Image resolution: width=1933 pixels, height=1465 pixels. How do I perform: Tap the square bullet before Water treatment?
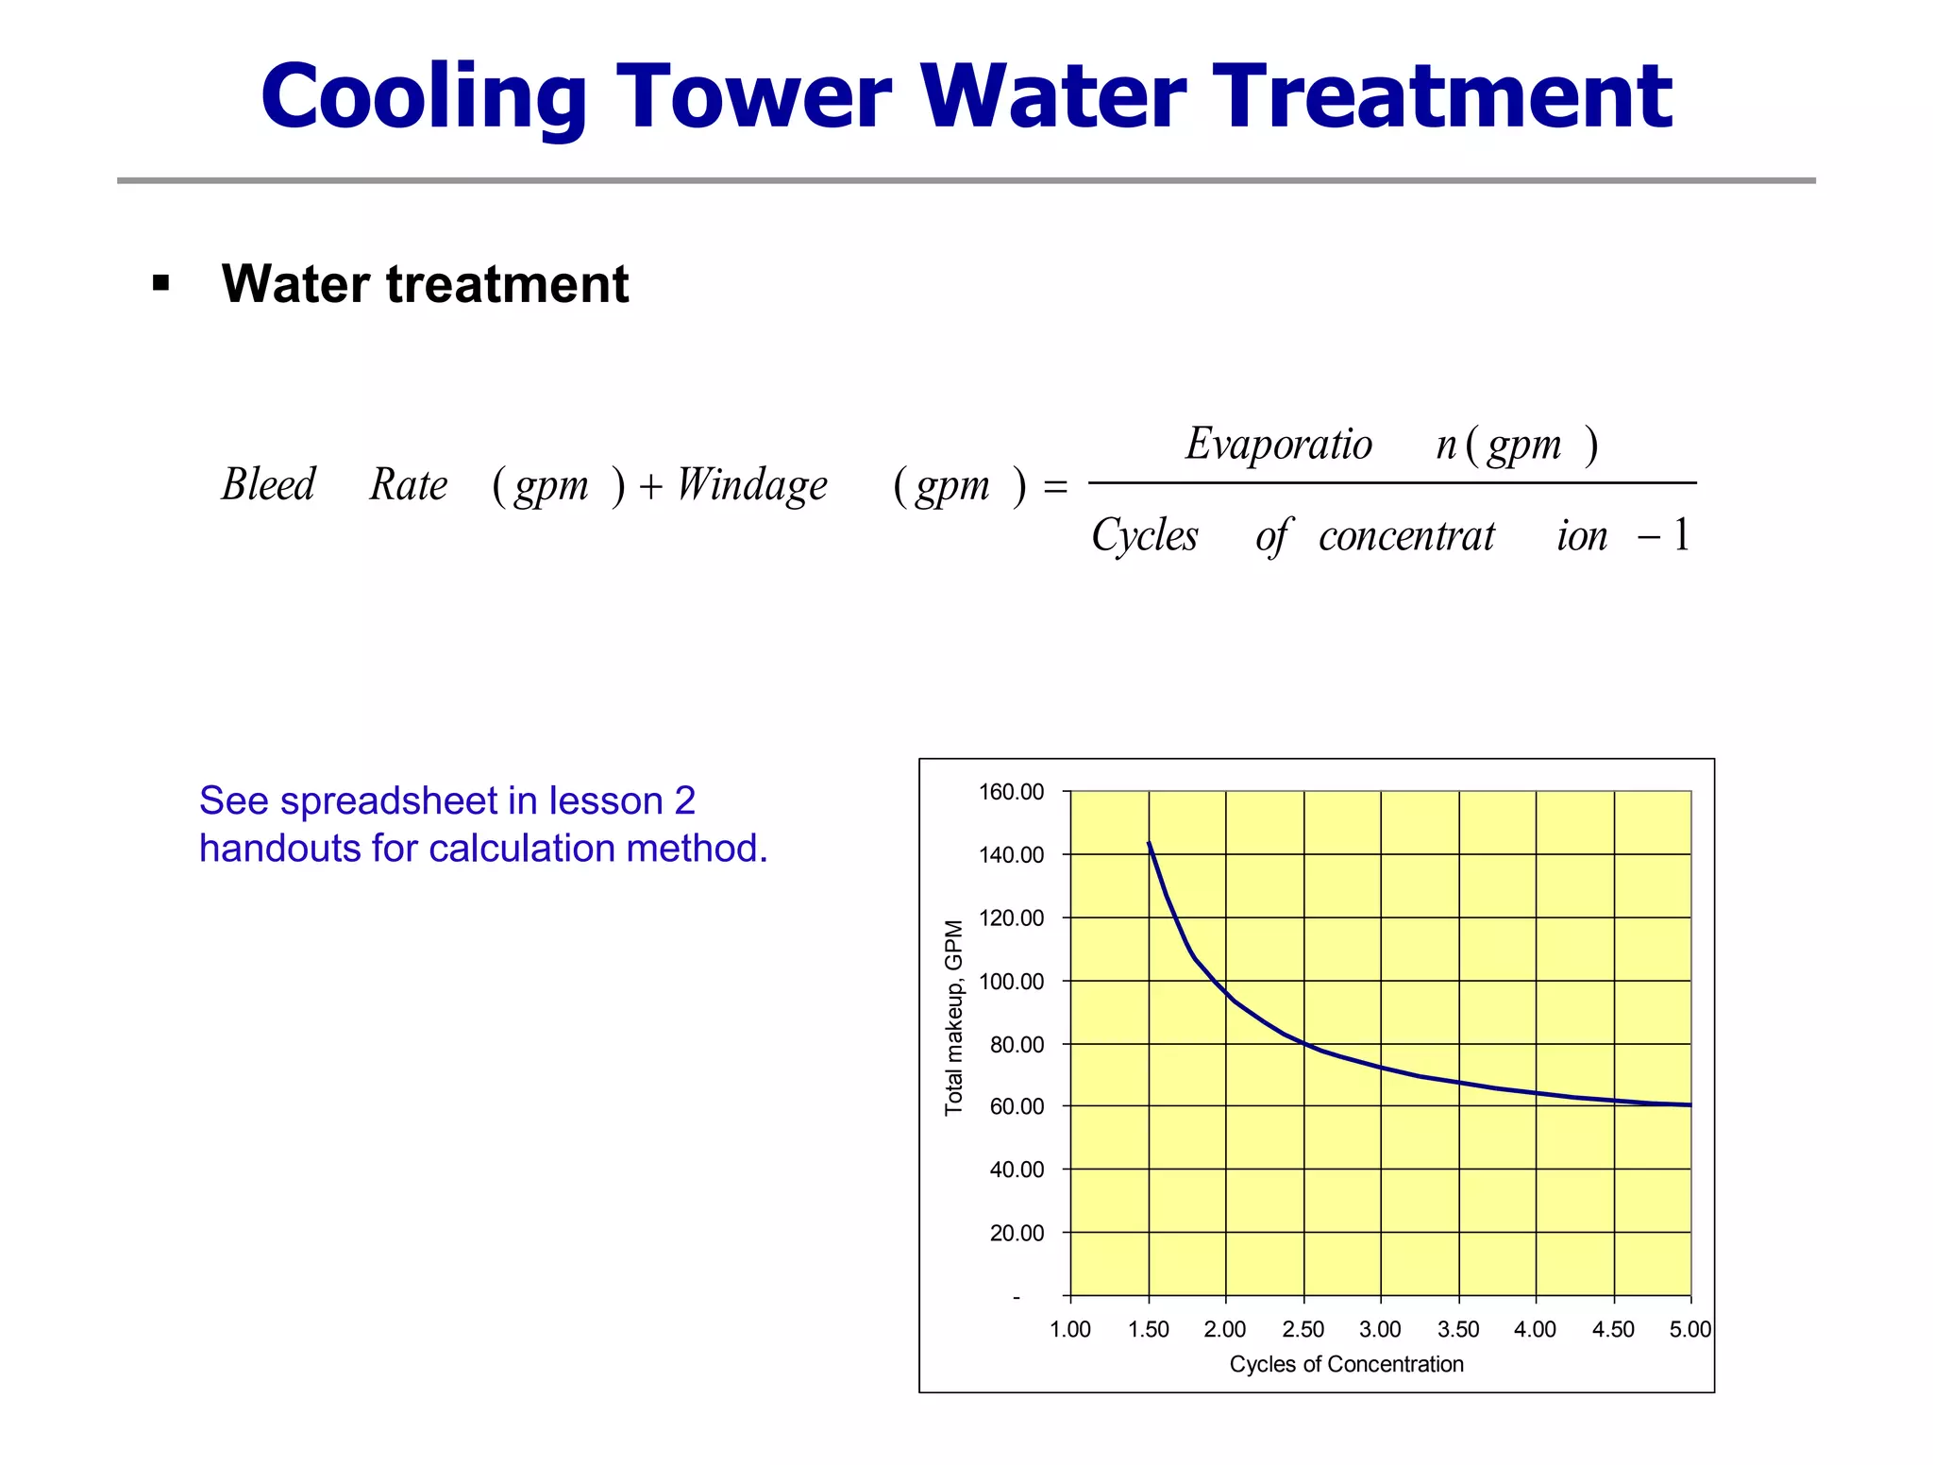point(161,283)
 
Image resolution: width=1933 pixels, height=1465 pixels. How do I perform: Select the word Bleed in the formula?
point(268,485)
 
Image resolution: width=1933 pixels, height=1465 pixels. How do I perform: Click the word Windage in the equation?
point(751,485)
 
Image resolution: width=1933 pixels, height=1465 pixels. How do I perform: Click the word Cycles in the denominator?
point(1144,536)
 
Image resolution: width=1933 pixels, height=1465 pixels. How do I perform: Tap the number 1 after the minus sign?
point(1681,535)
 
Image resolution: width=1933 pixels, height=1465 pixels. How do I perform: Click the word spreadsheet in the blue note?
point(389,800)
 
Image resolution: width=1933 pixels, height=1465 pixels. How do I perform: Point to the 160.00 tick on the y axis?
point(1011,792)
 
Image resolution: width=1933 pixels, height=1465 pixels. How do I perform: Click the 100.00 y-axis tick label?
point(1011,982)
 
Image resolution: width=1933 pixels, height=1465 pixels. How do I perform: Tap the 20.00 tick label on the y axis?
point(1017,1234)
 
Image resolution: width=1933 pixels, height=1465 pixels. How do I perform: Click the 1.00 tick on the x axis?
point(1070,1330)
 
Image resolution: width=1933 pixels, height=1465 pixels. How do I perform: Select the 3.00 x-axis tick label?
point(1380,1330)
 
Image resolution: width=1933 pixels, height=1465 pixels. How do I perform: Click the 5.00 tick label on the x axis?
point(1689,1330)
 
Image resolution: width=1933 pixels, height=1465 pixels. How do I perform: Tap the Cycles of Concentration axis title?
point(1346,1364)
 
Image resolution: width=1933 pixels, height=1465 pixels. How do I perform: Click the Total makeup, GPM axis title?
point(954,1018)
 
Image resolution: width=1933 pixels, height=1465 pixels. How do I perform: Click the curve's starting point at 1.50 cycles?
point(1149,843)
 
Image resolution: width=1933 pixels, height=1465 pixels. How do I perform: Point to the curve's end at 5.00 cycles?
point(1689,1104)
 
